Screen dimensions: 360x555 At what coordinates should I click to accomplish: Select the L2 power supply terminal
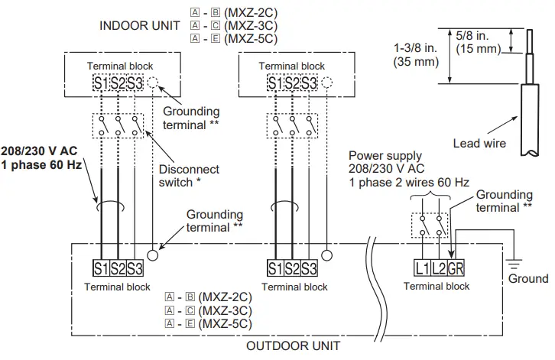[438, 268]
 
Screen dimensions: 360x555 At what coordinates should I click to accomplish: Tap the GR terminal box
[456, 268]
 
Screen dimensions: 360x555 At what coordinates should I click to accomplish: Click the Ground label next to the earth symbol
[528, 279]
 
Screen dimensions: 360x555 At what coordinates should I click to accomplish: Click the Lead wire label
[479, 143]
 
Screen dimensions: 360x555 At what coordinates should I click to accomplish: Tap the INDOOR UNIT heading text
[141, 25]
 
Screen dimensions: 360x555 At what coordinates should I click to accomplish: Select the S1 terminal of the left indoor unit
[101, 83]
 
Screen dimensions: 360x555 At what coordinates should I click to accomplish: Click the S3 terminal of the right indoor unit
[309, 83]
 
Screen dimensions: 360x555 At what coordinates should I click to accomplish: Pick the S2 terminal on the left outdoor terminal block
[118, 268]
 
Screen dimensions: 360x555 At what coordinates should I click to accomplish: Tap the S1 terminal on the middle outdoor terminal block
[275, 268]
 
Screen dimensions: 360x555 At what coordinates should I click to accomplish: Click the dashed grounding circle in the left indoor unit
[154, 83]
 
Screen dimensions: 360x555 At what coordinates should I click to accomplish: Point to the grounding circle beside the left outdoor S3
[154, 256]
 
